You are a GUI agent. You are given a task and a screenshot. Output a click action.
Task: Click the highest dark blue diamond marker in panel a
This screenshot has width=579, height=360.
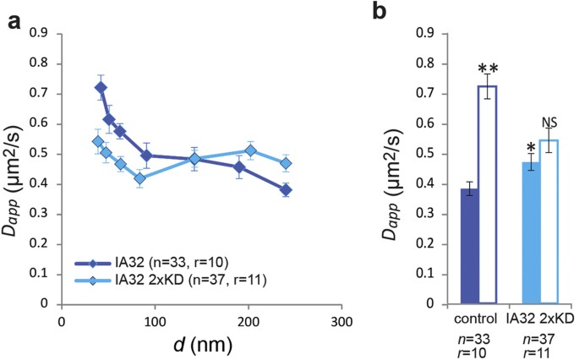[101, 88]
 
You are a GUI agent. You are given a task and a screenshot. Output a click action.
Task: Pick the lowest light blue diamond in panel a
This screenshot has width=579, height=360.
[140, 178]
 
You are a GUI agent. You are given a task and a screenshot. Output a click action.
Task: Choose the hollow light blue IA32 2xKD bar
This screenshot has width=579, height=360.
[553, 221]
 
